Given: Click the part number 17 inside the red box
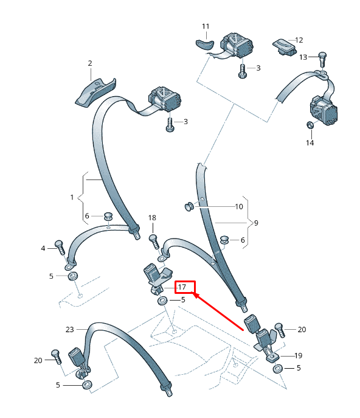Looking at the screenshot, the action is (182, 287).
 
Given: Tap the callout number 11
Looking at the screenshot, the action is (206, 26).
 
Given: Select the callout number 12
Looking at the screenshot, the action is (299, 40).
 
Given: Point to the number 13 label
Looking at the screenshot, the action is (303, 57).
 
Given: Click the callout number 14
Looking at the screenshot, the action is (310, 143).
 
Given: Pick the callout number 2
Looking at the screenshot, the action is (90, 63).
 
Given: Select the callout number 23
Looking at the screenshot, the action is (69, 330).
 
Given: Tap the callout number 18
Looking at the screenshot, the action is (152, 218).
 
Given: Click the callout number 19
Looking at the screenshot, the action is (299, 355).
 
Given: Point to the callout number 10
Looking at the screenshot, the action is (239, 207).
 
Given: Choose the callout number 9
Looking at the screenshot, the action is (256, 223).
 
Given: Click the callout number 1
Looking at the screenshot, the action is (72, 197).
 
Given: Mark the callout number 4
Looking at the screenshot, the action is (43, 248).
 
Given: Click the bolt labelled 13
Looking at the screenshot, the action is (322, 59).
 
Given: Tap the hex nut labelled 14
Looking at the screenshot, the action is (310, 125).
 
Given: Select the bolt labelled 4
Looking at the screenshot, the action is (60, 248).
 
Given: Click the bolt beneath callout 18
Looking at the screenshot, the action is (154, 242).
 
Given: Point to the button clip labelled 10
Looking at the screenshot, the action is (189, 206).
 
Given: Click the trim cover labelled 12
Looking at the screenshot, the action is (285, 47).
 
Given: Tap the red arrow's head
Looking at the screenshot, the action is (195, 295).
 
